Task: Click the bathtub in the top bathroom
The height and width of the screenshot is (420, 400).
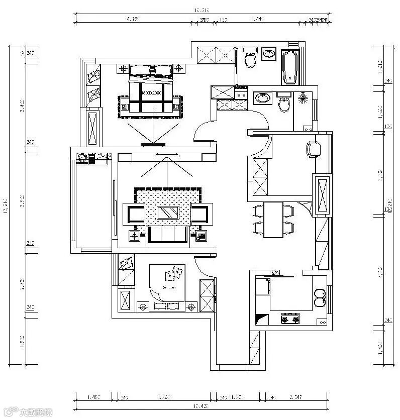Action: coord(291,68)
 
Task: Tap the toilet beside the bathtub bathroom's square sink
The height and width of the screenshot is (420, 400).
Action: coord(250,60)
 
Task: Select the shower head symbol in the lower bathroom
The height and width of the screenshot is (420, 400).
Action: coord(303,97)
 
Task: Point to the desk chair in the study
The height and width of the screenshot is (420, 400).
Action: coord(313,149)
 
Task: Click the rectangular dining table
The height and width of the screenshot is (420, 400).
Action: coord(273,219)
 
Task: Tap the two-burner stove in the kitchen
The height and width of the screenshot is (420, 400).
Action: coord(290,318)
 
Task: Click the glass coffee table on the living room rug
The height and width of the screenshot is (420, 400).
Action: coord(168,213)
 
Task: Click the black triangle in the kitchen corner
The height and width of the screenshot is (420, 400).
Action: coord(261,319)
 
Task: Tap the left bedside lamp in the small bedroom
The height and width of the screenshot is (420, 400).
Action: coord(143,306)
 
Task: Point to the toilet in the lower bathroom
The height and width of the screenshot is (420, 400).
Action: coord(284,104)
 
